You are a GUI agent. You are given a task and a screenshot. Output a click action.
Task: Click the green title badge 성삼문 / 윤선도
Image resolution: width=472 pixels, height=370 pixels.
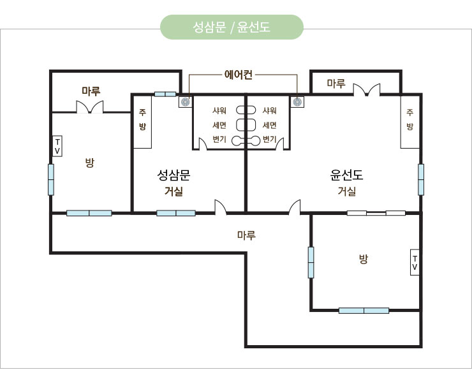tap(232, 27)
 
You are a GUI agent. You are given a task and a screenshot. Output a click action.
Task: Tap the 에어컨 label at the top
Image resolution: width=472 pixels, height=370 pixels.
tap(239, 75)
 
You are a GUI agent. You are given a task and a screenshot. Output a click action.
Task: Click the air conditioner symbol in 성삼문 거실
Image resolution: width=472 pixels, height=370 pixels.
tap(185, 102)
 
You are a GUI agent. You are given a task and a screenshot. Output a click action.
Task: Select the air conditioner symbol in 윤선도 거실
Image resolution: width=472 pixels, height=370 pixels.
tap(297, 102)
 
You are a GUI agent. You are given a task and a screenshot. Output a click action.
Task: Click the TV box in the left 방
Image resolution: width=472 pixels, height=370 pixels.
tap(57, 146)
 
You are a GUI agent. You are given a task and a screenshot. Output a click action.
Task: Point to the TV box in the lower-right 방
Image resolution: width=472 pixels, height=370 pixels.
tap(415, 263)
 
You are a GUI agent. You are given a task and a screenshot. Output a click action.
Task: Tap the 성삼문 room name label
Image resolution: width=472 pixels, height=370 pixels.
tap(173, 175)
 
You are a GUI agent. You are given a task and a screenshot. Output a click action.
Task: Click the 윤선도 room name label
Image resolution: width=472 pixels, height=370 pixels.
tap(346, 175)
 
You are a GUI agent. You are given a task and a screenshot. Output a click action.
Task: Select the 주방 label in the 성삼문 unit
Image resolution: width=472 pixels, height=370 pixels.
tap(142, 119)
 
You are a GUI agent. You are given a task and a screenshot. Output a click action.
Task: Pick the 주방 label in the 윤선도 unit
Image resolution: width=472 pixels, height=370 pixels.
tap(409, 119)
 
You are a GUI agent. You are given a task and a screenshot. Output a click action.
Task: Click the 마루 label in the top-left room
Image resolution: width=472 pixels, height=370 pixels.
tap(91, 91)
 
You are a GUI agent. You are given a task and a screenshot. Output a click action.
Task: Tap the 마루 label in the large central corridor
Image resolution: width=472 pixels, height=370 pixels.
tap(247, 235)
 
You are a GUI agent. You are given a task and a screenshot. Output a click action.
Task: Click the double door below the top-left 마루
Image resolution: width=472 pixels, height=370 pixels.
tap(90, 107)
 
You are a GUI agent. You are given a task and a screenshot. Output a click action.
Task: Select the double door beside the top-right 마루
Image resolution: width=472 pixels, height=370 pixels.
tap(367, 90)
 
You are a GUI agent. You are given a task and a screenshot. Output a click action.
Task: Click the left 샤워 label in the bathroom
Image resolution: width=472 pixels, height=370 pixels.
tap(219, 110)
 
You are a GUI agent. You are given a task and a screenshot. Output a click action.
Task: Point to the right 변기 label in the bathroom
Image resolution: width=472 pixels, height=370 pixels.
tap(269, 139)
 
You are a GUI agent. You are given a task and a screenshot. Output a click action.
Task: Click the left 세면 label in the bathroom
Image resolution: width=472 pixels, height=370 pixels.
tap(219, 125)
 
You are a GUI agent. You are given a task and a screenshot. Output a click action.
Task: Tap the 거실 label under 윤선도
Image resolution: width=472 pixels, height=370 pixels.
tap(347, 191)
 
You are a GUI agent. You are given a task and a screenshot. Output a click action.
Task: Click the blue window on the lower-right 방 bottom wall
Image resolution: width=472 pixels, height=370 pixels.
tap(364, 311)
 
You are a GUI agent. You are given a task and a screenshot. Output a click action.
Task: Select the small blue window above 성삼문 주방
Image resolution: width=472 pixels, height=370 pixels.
tap(165, 94)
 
